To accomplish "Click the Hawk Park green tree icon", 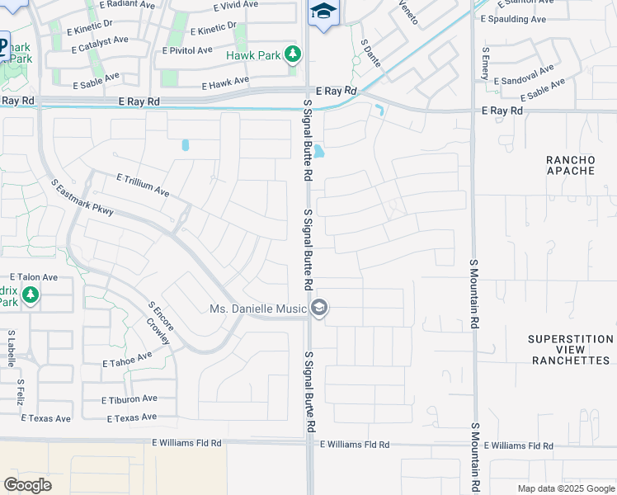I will click(x=292, y=55).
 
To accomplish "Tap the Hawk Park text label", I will click(x=254, y=56).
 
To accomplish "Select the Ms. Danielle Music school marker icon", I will click(x=319, y=309).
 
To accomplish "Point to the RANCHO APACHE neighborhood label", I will click(x=570, y=164).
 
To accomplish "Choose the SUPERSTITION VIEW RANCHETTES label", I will click(x=571, y=350).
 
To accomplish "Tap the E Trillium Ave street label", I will click(x=143, y=184).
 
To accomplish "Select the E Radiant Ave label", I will click(x=128, y=4).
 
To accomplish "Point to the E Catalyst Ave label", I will click(x=101, y=40).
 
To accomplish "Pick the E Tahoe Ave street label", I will click(x=127, y=360).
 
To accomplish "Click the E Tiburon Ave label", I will click(x=129, y=399).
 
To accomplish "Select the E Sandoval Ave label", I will click(x=524, y=77).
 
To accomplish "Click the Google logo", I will click(x=27, y=485).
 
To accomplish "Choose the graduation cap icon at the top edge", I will click(x=323, y=12).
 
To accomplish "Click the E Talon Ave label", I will click(x=33, y=278).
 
